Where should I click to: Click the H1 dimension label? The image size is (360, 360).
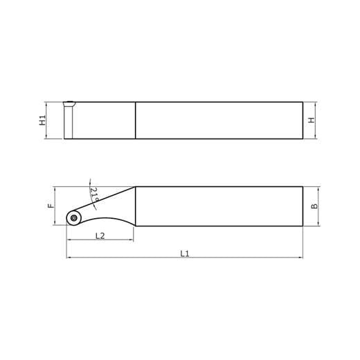point(43,120)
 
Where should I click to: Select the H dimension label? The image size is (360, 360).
point(312,120)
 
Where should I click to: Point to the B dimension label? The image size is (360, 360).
point(314,206)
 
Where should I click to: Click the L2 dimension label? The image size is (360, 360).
point(100,235)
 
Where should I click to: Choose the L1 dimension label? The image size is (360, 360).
point(185,253)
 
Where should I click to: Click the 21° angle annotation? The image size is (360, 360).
point(94,195)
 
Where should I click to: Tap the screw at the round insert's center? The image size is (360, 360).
point(73,218)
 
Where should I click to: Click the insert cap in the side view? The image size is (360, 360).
point(69,104)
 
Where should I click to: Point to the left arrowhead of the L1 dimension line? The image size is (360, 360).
point(68,258)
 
